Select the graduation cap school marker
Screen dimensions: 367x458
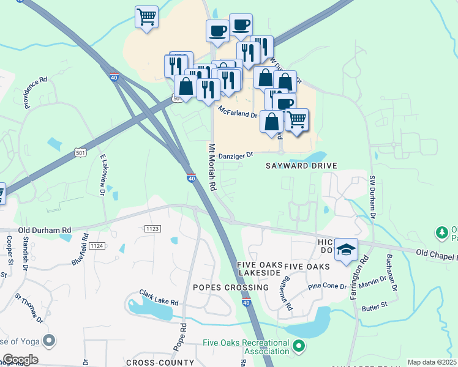(x=346, y=250)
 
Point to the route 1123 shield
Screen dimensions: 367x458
(x=152, y=228)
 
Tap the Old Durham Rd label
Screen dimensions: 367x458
(x=45, y=230)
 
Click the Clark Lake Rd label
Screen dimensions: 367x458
(x=158, y=298)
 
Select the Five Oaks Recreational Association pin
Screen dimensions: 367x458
(x=299, y=347)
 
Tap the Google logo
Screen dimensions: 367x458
(x=20, y=359)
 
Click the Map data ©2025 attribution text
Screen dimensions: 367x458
(x=432, y=362)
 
